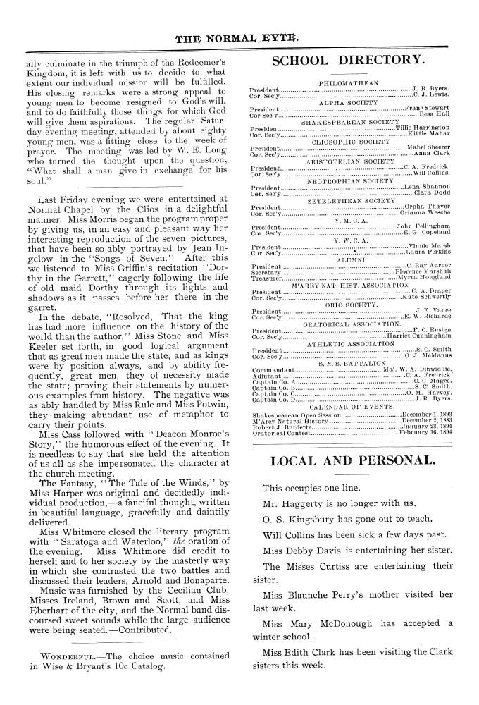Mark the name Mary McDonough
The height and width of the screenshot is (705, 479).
tap(335, 623)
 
